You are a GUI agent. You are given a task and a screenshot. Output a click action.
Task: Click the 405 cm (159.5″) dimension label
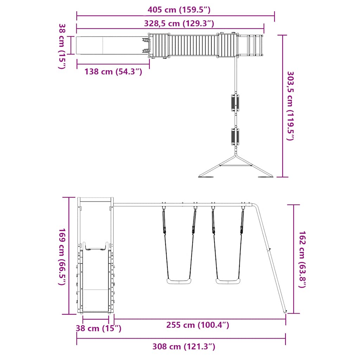tap(179, 10)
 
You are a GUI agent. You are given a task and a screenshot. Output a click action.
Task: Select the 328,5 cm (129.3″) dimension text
tap(179, 24)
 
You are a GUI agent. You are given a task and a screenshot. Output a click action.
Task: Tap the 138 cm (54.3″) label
tap(113, 72)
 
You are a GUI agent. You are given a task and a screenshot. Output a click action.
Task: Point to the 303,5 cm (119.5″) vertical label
tap(291, 106)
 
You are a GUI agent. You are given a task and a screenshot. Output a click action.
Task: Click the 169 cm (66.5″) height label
tap(62, 257)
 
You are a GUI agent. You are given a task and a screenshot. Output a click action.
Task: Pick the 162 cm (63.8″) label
tap(302, 259)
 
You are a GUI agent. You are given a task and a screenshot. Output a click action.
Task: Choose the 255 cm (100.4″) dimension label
tap(198, 325)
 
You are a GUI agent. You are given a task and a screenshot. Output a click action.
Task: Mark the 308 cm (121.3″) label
tap(184, 346)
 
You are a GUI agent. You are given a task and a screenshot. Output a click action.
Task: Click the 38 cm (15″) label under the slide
tap(98, 328)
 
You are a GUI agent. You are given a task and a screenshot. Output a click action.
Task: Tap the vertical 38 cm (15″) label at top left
tap(62, 46)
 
